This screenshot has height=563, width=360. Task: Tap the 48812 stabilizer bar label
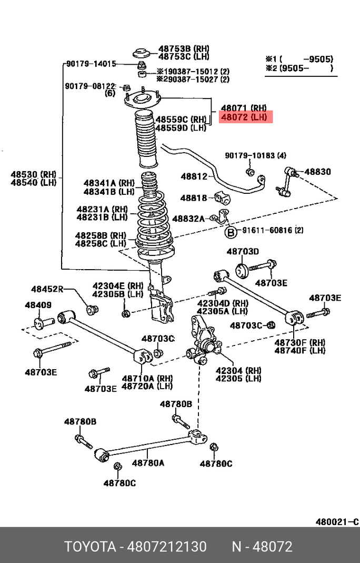pyautogui.click(x=194, y=177)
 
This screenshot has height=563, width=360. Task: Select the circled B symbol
pyautogui.click(x=231, y=231)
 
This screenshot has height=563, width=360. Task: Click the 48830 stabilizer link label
pyautogui.click(x=317, y=172)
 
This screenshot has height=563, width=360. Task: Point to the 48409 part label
pyautogui.click(x=38, y=305)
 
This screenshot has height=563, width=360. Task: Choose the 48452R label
pyautogui.click(x=47, y=289)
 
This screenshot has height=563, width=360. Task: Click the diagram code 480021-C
pyautogui.click(x=337, y=522)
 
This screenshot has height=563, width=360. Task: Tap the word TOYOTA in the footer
pyautogui.click(x=89, y=547)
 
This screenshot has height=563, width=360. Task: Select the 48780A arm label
pyautogui.click(x=148, y=463)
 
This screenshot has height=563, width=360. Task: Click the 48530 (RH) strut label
pyautogui.click(x=33, y=174)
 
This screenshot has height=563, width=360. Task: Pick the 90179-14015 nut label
pyautogui.click(x=91, y=64)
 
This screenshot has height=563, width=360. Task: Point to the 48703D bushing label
pyautogui.click(x=243, y=251)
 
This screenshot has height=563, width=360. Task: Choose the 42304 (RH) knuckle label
pyautogui.click(x=238, y=370)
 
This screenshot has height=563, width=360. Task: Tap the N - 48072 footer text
pyautogui.click(x=262, y=547)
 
